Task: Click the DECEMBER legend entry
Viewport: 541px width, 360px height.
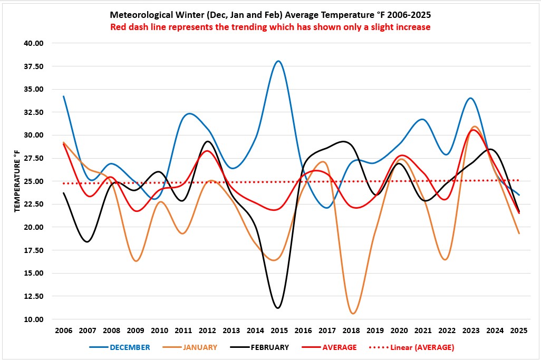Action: (130, 347)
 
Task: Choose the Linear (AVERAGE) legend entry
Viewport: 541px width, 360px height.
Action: (422, 347)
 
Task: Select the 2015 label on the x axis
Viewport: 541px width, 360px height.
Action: (278, 331)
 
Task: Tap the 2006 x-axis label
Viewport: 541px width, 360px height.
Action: (63, 331)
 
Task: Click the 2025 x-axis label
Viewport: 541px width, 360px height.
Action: (518, 331)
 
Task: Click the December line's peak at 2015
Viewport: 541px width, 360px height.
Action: (278, 61)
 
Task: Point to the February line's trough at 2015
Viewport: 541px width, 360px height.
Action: (278, 308)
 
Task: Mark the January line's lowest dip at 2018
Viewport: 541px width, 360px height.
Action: (353, 314)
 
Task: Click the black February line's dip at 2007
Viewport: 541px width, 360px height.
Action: (87, 241)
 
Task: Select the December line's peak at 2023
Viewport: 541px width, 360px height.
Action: (470, 98)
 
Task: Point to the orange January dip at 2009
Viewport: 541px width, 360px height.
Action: (136, 261)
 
